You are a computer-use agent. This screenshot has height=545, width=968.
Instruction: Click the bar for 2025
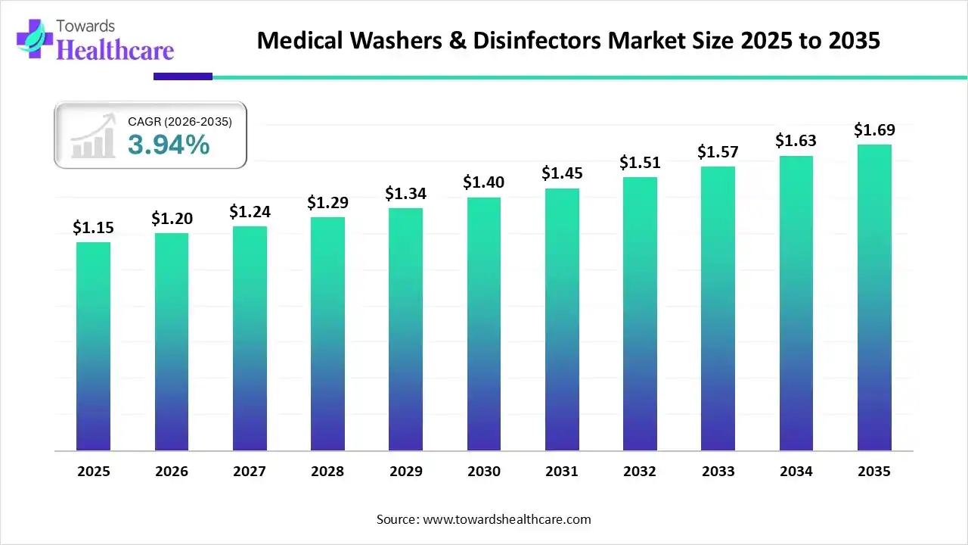93,347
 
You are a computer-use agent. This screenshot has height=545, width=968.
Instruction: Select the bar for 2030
484,324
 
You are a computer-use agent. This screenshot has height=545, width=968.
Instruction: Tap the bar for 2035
874,297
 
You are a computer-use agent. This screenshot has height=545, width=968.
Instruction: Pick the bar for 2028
327,334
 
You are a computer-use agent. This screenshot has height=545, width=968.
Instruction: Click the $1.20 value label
172,219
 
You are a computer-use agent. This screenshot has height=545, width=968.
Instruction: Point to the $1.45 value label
562,173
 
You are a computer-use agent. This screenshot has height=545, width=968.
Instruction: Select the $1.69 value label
874,129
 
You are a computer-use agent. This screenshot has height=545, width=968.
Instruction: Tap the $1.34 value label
405,194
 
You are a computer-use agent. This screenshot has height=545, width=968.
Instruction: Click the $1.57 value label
718,152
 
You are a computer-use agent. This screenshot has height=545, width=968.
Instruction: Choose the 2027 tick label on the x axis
250,472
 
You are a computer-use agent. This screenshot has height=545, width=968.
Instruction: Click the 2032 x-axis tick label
640,472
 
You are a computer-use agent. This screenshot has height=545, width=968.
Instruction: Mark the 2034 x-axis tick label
796,472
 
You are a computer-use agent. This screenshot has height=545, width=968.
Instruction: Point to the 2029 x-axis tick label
405,472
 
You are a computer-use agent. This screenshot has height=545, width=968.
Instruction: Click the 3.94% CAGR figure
168,144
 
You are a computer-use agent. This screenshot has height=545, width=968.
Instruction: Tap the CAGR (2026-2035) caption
180,121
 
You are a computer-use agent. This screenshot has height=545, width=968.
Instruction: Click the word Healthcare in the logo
115,50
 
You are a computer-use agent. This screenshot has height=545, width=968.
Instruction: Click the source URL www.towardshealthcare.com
505,519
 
